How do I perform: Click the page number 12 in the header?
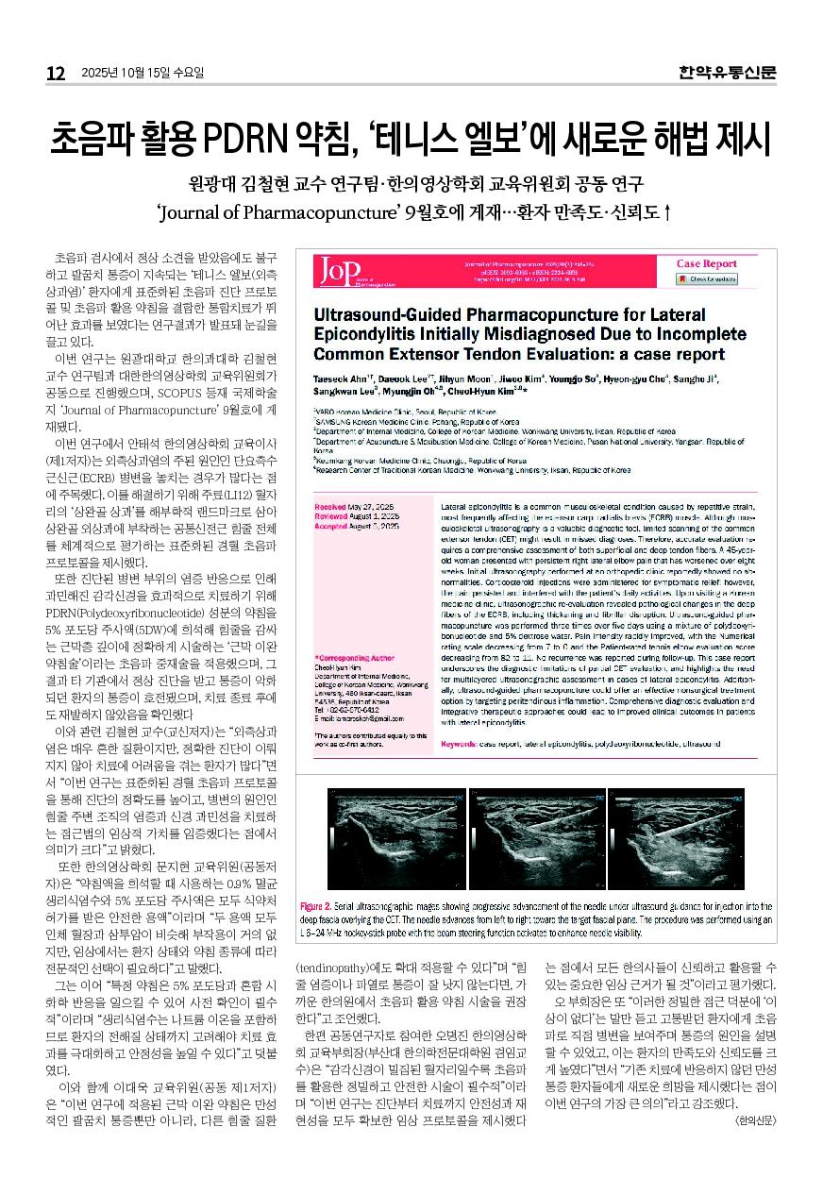56,74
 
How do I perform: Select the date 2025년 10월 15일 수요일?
143,74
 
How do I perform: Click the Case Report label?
707,263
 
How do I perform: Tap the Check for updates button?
708,279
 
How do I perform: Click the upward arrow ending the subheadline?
667,211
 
